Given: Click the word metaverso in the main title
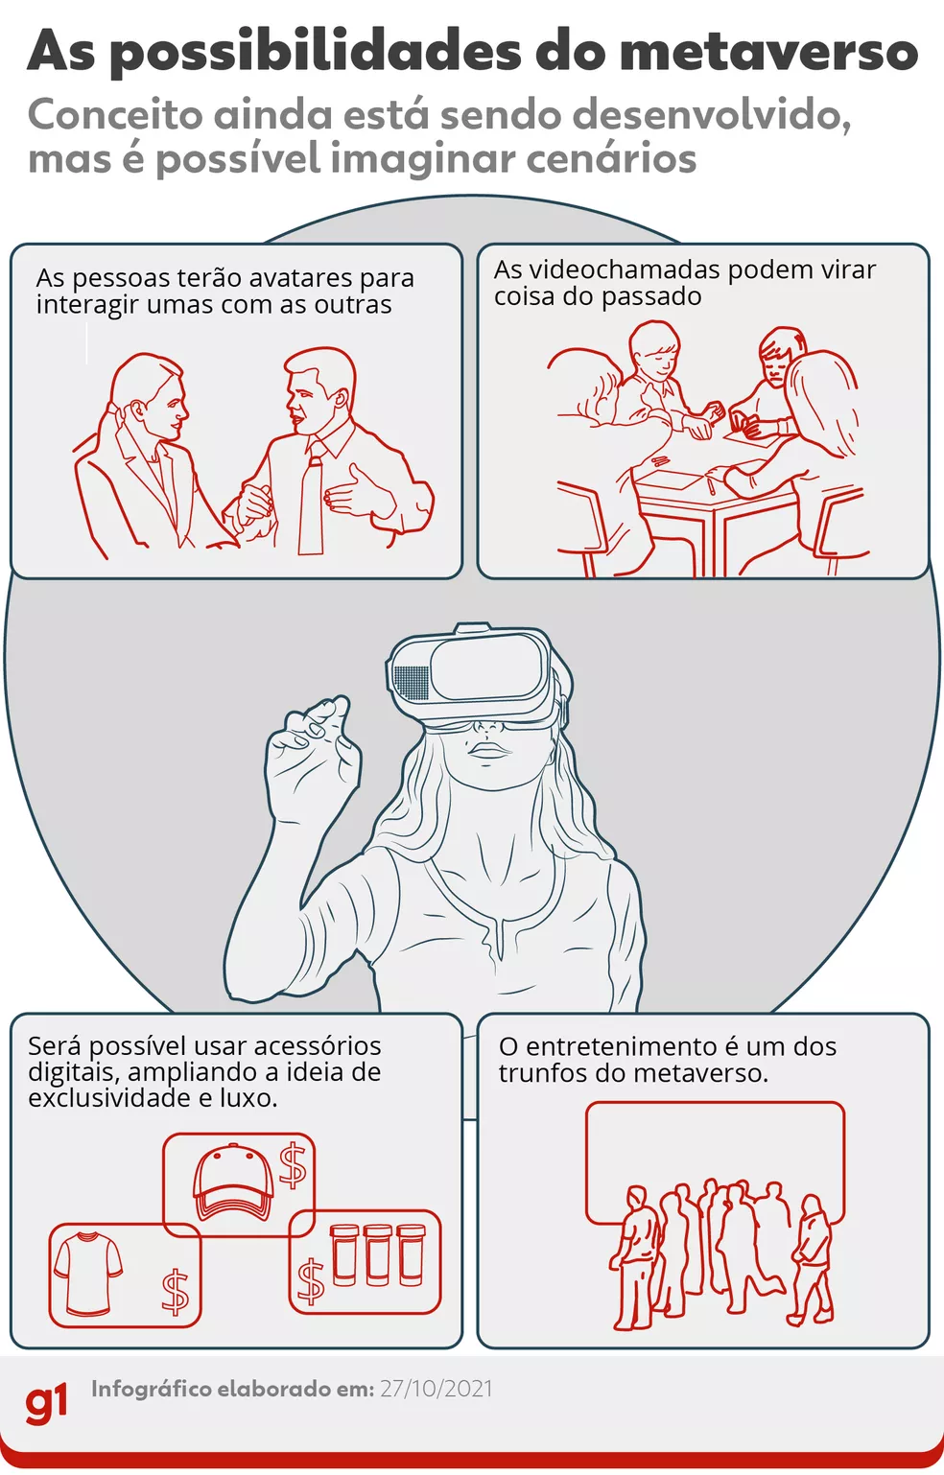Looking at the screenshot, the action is tap(768, 52).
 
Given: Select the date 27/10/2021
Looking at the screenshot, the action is tap(437, 1389).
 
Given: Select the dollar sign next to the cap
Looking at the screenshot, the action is tap(293, 1166).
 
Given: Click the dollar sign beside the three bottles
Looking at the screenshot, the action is tap(310, 1281).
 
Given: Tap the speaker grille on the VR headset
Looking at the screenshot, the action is tap(411, 682).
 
